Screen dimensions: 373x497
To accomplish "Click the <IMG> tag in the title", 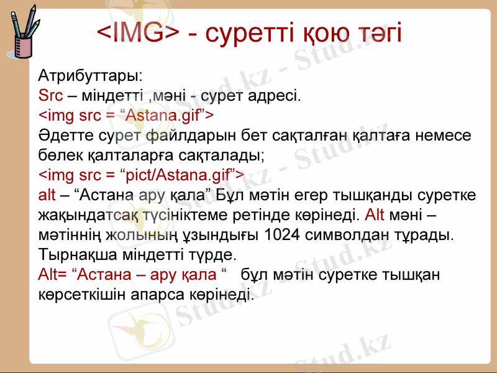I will coord(139,32).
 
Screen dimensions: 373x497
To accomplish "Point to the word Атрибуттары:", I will coord(91,76).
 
